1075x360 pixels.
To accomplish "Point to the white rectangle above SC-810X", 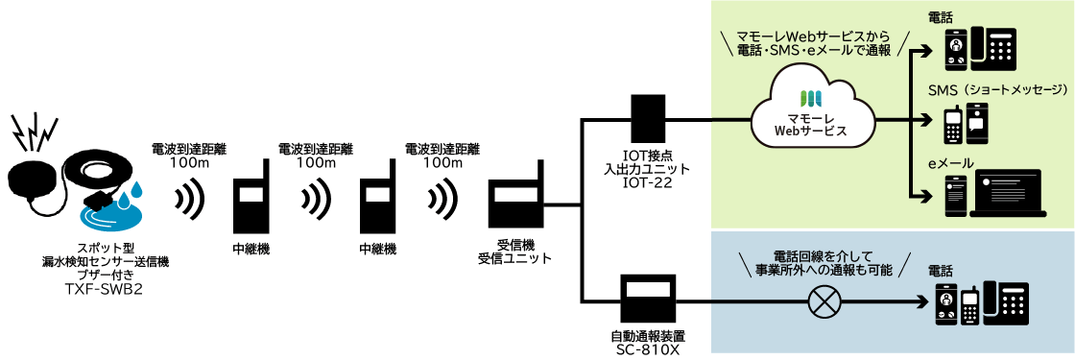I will [x=648, y=289].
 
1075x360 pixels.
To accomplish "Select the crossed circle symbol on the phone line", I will [x=822, y=302].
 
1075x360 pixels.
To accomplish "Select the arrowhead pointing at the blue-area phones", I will [x=925, y=302].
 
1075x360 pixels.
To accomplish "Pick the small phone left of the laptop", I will [x=954, y=196].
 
